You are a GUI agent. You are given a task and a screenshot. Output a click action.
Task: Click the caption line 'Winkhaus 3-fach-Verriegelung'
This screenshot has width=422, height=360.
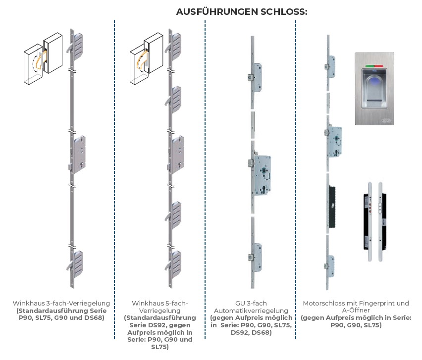point(61,303)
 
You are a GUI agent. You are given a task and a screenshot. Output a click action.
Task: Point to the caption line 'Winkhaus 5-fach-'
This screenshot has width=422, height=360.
point(159,303)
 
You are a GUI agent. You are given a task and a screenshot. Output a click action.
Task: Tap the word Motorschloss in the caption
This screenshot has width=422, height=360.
point(322,303)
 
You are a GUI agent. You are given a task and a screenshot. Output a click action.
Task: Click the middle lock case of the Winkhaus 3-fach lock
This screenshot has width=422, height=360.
point(79,151)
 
